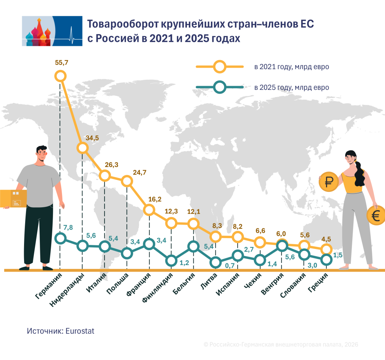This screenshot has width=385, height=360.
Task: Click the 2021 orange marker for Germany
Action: (x=61, y=76)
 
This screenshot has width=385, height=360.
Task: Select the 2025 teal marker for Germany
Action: (x=61, y=238)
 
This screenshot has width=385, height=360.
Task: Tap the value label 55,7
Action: (x=62, y=63)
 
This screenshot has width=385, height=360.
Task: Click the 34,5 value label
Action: (x=92, y=138)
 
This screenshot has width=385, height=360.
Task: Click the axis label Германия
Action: (x=49, y=286)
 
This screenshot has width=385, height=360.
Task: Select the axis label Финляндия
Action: (x=158, y=287)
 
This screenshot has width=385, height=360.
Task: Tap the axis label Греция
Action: (x=318, y=283)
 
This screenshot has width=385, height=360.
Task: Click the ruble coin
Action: (x=329, y=182)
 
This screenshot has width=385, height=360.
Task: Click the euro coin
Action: (x=376, y=216)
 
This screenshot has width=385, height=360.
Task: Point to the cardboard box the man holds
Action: (x=13, y=199)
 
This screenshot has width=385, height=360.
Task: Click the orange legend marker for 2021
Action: (x=220, y=67)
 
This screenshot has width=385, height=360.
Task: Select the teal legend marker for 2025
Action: (x=220, y=87)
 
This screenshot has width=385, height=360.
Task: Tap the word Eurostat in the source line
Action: (x=80, y=331)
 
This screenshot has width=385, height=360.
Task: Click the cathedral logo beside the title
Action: (x=52, y=31)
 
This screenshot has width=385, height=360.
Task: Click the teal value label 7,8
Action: (x=68, y=228)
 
